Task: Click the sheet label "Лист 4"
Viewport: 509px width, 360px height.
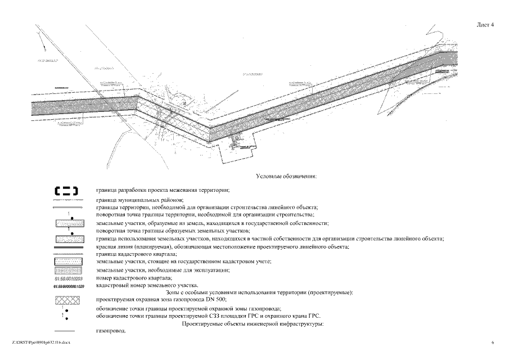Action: point(484,25)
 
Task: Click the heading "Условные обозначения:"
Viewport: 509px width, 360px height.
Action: point(286,176)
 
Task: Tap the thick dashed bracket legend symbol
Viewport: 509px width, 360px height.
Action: point(66,190)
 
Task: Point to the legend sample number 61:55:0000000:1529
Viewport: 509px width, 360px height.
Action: point(69,286)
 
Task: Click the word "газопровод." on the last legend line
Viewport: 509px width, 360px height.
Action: point(111,330)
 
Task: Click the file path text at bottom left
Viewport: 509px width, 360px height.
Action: point(37,342)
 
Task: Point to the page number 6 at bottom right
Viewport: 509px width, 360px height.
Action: point(492,342)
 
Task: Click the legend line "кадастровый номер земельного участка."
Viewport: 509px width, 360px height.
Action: point(147,286)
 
